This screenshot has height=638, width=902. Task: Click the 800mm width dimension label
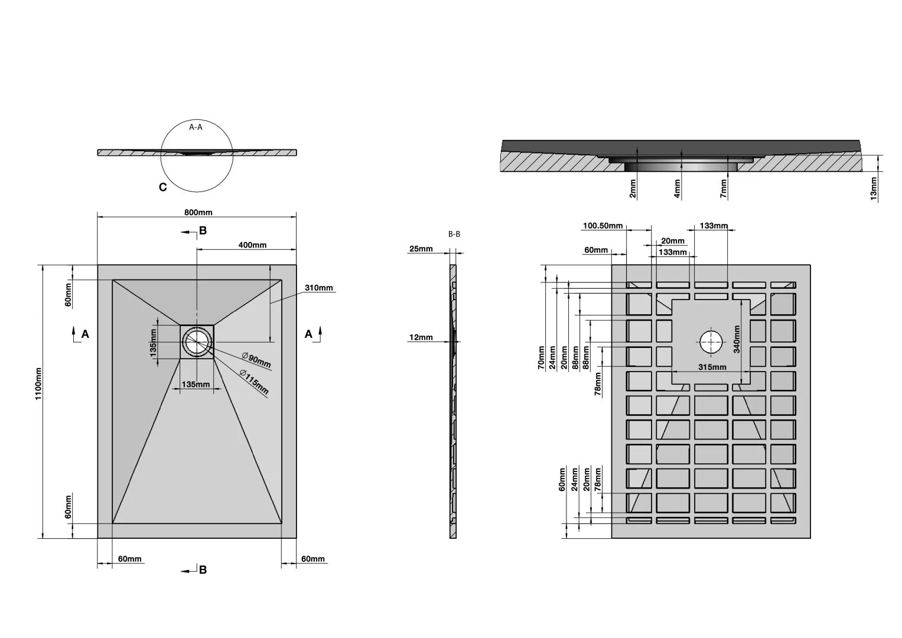coord(198,212)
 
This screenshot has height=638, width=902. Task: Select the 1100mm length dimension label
coord(38,384)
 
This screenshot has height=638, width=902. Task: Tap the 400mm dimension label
coord(252,245)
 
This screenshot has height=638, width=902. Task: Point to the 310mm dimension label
coord(319,288)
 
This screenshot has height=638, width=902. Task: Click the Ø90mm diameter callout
coord(256,360)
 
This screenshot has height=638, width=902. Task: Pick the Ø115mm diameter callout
coord(254,382)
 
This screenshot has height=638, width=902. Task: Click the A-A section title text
coord(196,127)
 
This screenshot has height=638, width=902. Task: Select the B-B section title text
coord(454,234)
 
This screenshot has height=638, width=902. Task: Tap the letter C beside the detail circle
coord(162,187)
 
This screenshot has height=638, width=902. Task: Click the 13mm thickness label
coord(874,188)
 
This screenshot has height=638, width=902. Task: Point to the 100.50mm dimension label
coord(603,226)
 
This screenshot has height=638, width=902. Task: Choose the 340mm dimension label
coord(737,339)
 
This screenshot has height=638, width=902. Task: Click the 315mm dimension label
coord(712,367)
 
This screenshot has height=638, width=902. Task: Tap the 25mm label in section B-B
coord(421,249)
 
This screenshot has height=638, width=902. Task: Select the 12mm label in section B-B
coord(421,337)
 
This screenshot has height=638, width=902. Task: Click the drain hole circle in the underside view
coord(711,342)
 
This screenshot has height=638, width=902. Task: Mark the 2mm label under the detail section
coord(633,189)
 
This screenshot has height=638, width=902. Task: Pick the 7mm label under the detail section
coord(724,189)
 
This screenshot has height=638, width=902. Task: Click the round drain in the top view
coord(197,342)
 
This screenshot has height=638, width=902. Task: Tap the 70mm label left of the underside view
coord(541,357)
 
